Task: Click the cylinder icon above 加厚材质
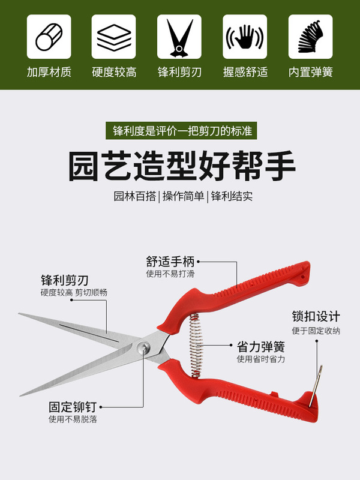pos(49,37)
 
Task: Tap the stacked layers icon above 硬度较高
pos(114,37)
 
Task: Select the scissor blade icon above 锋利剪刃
pos(179,37)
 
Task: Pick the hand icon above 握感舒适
pos(245,37)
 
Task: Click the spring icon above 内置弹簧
pos(310,37)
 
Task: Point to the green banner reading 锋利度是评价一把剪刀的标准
pos(179,130)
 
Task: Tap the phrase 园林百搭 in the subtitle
pos(135,196)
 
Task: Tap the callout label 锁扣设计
pos(316,316)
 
